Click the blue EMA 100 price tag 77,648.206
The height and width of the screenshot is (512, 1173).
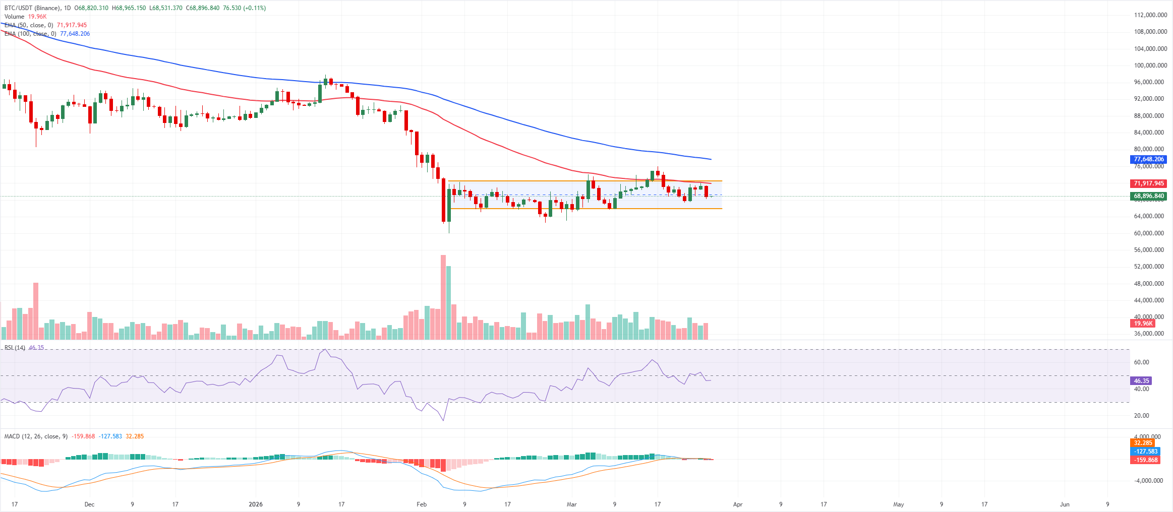[1148, 159]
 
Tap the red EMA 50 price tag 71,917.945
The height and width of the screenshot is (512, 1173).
[1148, 183]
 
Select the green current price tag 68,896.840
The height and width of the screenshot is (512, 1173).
[1148, 196]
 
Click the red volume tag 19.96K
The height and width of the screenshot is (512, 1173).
[1143, 324]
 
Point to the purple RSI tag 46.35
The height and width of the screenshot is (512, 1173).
[1141, 381]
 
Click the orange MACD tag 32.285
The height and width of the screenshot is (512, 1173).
[1143, 443]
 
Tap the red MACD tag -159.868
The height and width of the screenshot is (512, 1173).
[1146, 460]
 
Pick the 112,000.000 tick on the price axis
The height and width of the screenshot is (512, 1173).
[1150, 15]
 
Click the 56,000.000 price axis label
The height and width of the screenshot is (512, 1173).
[1149, 250]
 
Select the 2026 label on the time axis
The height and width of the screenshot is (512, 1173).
[256, 504]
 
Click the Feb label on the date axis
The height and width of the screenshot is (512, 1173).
[422, 504]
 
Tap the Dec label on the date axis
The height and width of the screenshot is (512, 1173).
[89, 504]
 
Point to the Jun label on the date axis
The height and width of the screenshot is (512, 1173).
[1065, 504]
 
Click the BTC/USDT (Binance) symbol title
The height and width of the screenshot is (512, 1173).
[32, 8]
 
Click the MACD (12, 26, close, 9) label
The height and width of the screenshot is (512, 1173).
[36, 436]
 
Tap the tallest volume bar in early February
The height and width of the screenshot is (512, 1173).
[443, 297]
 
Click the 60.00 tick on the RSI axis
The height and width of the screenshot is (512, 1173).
[1141, 362]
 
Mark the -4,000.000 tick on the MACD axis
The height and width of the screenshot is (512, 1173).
[1148, 481]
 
